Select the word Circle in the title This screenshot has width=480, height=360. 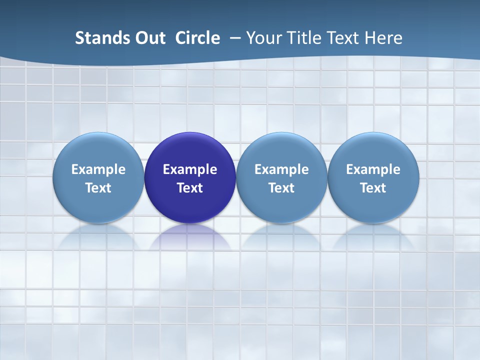[x=197, y=38]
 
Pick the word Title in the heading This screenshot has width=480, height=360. [x=304, y=38]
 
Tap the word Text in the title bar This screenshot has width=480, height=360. [x=345, y=38]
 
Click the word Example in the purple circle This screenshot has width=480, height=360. [x=190, y=169]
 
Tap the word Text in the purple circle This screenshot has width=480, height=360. [x=190, y=188]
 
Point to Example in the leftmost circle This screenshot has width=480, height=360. [x=98, y=169]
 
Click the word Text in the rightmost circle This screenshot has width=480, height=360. [x=373, y=188]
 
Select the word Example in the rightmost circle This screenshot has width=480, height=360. [x=373, y=169]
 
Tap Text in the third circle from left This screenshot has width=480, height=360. [x=281, y=188]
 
